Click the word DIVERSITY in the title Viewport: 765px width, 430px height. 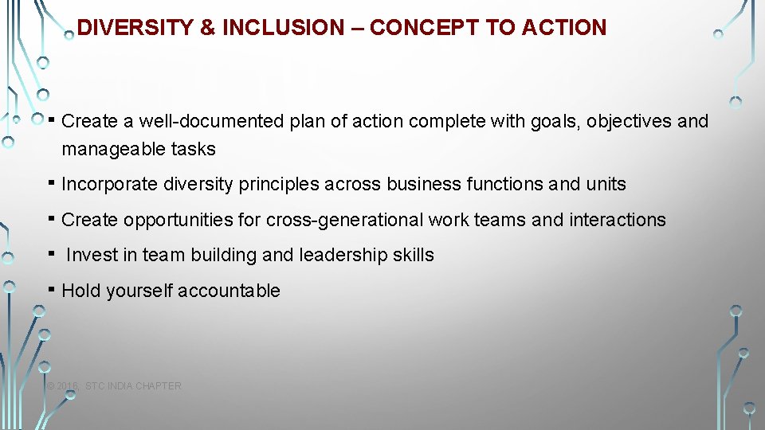tap(135, 28)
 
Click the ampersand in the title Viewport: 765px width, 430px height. tap(208, 28)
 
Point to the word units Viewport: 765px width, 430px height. tap(606, 185)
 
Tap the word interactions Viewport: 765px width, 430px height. tap(618, 220)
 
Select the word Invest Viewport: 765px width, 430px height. tap(89, 256)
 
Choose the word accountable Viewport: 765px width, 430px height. tap(229, 291)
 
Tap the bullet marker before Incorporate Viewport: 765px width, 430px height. tap(50, 182)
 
